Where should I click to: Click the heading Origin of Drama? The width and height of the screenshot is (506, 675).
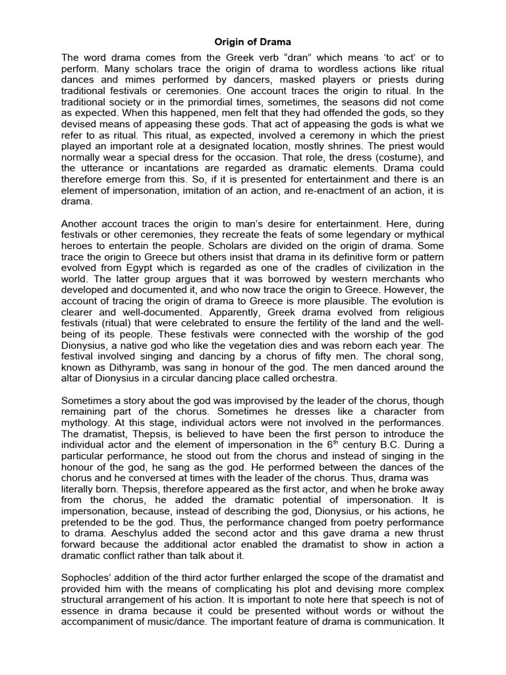(252, 42)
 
